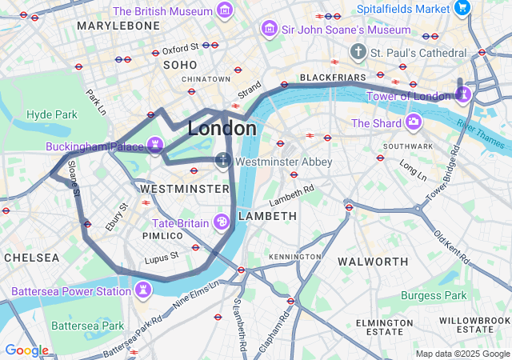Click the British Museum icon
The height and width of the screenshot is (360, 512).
225,11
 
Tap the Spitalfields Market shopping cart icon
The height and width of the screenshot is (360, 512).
462,8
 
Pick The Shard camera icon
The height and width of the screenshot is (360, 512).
414,122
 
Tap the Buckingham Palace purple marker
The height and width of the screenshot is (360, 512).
155,146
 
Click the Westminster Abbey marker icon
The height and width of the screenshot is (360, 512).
223,161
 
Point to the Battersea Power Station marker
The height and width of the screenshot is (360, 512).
142,290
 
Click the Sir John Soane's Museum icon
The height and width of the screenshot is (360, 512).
270,29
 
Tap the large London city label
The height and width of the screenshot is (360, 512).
222,128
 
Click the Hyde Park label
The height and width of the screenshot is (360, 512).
52,114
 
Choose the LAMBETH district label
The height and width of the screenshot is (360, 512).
267,216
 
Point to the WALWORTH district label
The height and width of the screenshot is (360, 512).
373,262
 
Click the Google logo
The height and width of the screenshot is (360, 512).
26,350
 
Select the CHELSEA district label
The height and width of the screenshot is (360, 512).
31,258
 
